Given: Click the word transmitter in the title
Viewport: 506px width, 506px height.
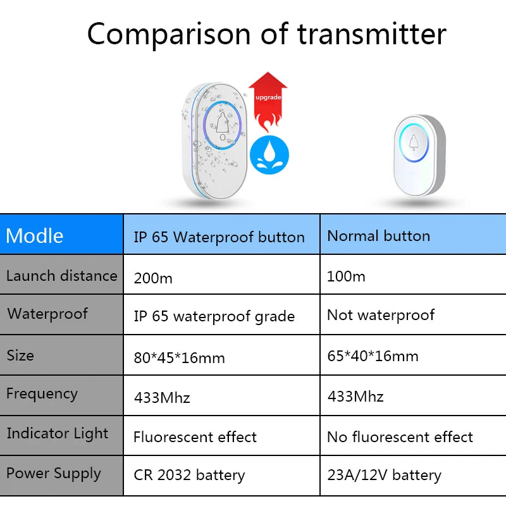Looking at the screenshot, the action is point(371,34).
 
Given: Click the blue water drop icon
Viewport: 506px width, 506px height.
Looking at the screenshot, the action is point(269,155).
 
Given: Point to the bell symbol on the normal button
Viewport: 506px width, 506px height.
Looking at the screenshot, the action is point(414,142).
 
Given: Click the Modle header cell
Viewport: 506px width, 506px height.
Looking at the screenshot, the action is point(61,234).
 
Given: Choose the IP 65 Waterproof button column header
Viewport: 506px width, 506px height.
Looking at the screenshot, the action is point(221,234).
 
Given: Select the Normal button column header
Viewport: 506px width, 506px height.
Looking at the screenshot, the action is point(413,234).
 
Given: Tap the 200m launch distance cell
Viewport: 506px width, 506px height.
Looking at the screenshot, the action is point(221,275).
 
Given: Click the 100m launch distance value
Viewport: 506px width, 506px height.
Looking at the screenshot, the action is point(346,276).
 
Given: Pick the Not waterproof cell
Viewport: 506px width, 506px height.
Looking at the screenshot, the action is point(413,314).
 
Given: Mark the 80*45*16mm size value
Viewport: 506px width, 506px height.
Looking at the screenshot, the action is point(179,358).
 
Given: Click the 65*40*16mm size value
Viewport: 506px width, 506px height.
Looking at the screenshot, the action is point(373,356).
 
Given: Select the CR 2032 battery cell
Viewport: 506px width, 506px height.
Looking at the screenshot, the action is point(221,476).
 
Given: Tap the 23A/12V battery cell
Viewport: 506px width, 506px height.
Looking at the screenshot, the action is point(413,476).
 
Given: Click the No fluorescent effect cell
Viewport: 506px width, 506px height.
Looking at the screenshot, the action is point(413,436).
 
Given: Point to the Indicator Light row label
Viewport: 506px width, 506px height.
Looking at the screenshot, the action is point(58,433).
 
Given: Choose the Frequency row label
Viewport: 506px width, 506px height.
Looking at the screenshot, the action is point(42,393).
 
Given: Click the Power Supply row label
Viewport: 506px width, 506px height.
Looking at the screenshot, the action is point(54,474).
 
